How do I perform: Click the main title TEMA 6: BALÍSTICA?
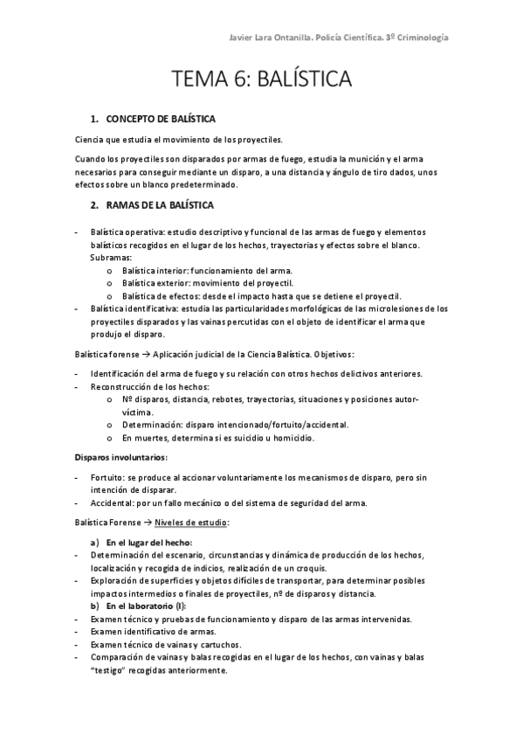point(261,81)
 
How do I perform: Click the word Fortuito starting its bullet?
point(106,479)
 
